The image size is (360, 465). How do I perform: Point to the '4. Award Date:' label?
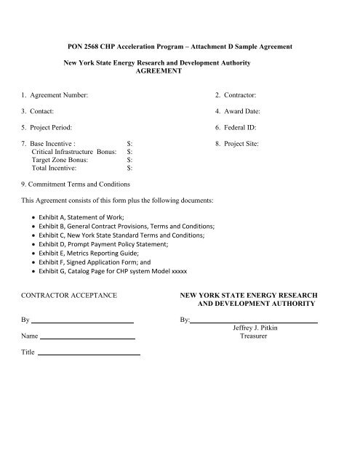tap(239, 112)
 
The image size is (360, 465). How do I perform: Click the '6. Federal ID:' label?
tap(238, 128)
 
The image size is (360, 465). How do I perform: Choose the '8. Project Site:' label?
tap(239, 144)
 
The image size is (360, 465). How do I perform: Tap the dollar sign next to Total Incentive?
tap(129, 168)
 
